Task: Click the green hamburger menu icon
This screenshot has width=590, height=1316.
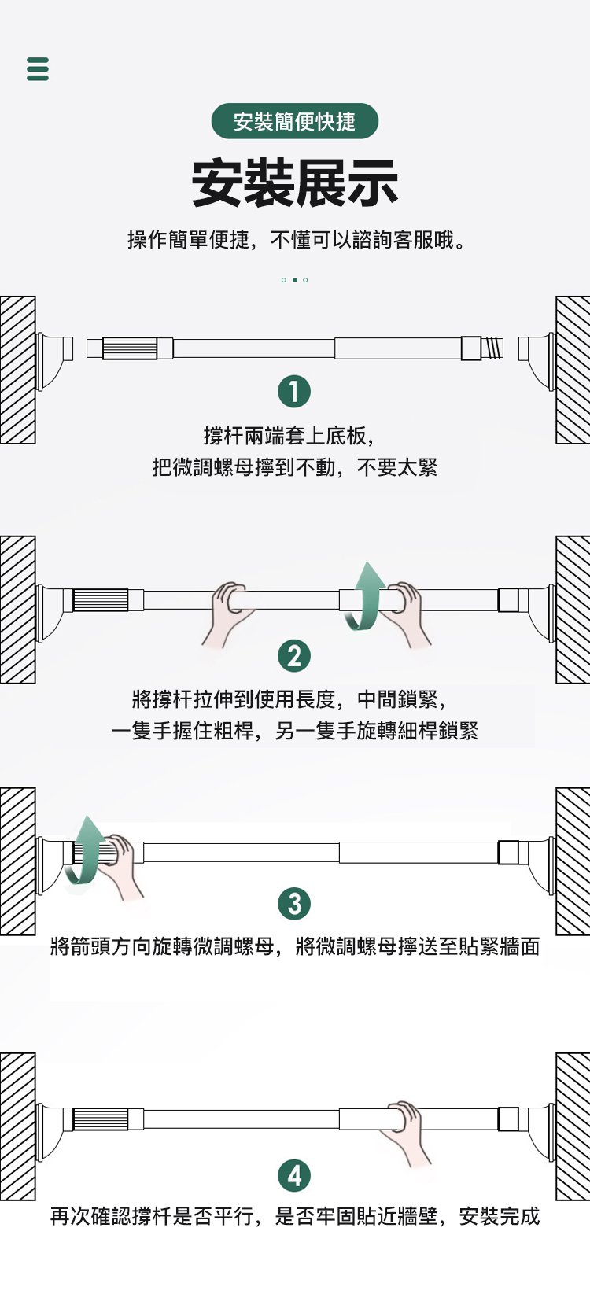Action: click(x=38, y=68)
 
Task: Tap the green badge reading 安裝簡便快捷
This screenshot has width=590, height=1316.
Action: click(x=294, y=121)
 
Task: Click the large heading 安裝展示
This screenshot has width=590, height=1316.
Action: click(x=294, y=182)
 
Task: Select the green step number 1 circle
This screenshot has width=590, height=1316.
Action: click(x=294, y=391)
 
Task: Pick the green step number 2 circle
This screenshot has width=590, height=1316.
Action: click(x=294, y=656)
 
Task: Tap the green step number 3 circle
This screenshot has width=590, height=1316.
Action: click(x=294, y=903)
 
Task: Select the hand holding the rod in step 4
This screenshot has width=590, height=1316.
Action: click(x=405, y=1131)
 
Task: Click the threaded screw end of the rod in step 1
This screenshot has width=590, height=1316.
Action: click(x=492, y=348)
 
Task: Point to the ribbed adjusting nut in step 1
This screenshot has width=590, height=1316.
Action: click(x=130, y=348)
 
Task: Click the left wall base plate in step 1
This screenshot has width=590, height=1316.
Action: click(x=54, y=360)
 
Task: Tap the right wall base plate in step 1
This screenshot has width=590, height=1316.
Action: click(x=537, y=360)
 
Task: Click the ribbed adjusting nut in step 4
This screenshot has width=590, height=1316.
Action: click(x=101, y=1119)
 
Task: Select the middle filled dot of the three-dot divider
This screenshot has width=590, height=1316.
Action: click(x=294, y=280)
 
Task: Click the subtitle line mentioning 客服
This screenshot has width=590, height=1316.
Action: click(x=296, y=240)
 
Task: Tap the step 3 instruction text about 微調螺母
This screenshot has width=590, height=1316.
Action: click(x=294, y=946)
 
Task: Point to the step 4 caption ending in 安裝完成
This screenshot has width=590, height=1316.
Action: click(x=294, y=1215)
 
